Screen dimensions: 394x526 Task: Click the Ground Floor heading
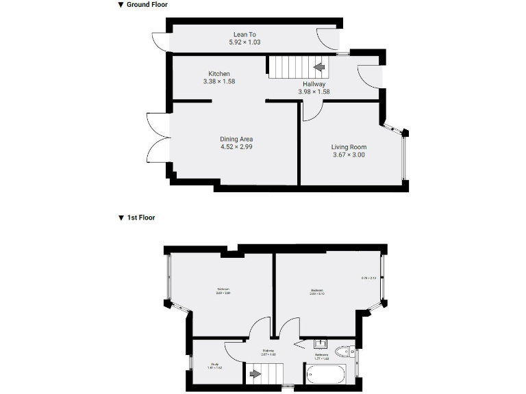[147, 5]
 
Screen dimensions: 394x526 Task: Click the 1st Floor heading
[141, 218]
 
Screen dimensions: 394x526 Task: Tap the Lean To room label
[245, 34]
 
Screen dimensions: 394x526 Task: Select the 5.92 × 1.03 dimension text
[245, 42]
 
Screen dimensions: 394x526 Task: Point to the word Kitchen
[219, 74]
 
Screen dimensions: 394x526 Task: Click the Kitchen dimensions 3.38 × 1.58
[219, 81]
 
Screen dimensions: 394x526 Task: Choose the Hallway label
[314, 84]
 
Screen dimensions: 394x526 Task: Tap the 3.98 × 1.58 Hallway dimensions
[314, 92]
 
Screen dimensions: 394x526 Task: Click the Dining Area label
[236, 139]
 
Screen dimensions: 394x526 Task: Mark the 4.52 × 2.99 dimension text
[236, 146]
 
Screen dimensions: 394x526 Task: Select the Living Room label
[349, 147]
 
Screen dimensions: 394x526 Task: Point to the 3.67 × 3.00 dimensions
[349, 155]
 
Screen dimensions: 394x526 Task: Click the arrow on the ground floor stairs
[319, 67]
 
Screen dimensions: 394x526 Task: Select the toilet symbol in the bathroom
[345, 352]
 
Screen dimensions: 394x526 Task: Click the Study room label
[214, 364]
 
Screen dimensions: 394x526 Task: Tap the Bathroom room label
[321, 355]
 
